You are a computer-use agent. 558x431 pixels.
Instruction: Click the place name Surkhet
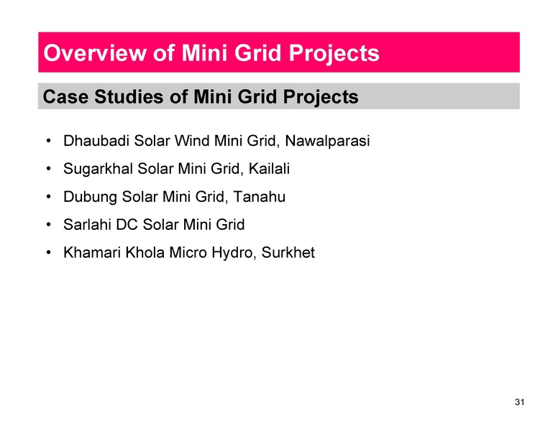(288, 254)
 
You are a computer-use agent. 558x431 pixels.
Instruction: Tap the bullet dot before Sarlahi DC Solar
(47, 226)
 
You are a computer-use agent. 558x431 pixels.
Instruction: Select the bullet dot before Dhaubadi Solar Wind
(47, 142)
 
